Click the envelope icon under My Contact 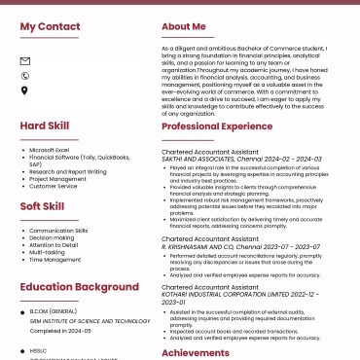click(x=25, y=61)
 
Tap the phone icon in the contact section click(x=25, y=76)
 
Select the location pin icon click(x=25, y=90)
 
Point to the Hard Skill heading click(x=45, y=126)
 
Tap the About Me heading click(x=184, y=27)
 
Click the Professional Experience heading click(x=217, y=126)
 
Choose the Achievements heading click(x=196, y=353)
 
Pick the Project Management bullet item click(x=57, y=179)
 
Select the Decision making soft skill click(x=52, y=237)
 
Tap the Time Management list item click(x=55, y=260)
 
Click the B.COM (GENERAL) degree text click(x=54, y=311)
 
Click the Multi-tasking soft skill click(x=48, y=252)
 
